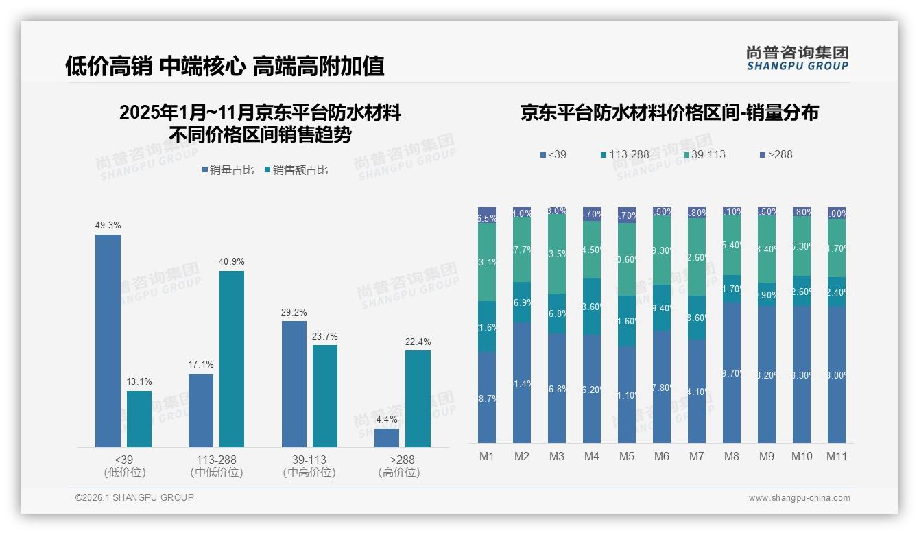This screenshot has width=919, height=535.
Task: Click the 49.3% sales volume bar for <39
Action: coord(108,341)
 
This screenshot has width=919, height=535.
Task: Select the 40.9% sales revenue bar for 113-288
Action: coord(232,359)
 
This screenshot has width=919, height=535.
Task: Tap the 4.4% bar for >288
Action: coord(387,438)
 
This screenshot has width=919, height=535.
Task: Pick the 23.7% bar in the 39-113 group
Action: coord(325,396)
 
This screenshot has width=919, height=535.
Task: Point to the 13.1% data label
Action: coord(139,381)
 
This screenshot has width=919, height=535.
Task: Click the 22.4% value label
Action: coord(418,342)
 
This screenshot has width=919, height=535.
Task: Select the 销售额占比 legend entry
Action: coord(296,170)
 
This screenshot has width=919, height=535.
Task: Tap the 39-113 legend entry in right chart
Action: coord(703,154)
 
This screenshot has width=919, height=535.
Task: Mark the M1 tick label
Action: coord(487,456)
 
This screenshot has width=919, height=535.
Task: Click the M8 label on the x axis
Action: coord(732,456)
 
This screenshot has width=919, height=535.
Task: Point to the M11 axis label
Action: coord(837,456)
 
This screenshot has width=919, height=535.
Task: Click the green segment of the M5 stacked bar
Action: coord(627,259)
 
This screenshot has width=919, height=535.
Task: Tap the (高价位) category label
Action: coord(398,473)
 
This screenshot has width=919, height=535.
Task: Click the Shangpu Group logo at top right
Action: coord(797,58)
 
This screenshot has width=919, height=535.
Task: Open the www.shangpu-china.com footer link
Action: coord(799,498)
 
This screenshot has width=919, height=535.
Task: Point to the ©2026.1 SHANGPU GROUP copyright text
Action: coord(134,497)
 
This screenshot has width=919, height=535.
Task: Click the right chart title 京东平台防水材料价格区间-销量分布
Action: coord(669,112)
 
